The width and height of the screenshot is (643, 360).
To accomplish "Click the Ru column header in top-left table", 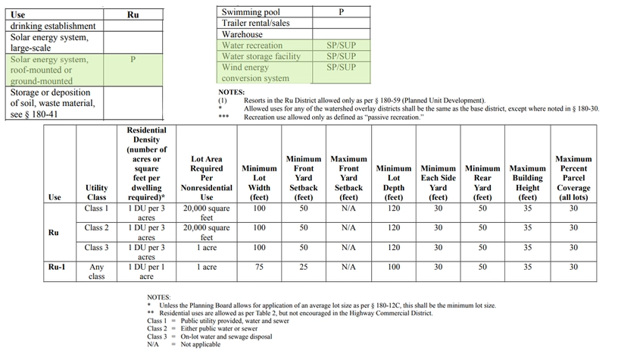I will [x=133, y=14].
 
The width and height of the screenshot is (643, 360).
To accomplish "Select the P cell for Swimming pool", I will [x=341, y=13].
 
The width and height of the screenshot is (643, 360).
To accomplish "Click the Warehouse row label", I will [x=242, y=34].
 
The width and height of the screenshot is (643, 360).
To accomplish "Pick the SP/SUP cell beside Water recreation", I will [x=341, y=45].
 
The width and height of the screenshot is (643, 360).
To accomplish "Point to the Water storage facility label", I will [x=261, y=56].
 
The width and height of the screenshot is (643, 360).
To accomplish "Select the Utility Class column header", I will [x=97, y=192].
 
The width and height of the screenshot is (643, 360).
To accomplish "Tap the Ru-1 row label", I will [x=55, y=268].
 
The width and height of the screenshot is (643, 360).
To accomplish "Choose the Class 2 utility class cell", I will [x=97, y=227].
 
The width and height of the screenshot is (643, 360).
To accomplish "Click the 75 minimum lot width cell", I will [x=259, y=268].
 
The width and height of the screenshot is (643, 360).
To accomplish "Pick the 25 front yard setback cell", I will [x=304, y=268].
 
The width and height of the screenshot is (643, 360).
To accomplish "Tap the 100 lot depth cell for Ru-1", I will [x=394, y=268].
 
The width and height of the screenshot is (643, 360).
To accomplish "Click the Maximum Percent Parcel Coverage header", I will [x=573, y=178].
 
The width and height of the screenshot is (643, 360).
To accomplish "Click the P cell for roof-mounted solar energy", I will [x=133, y=60].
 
